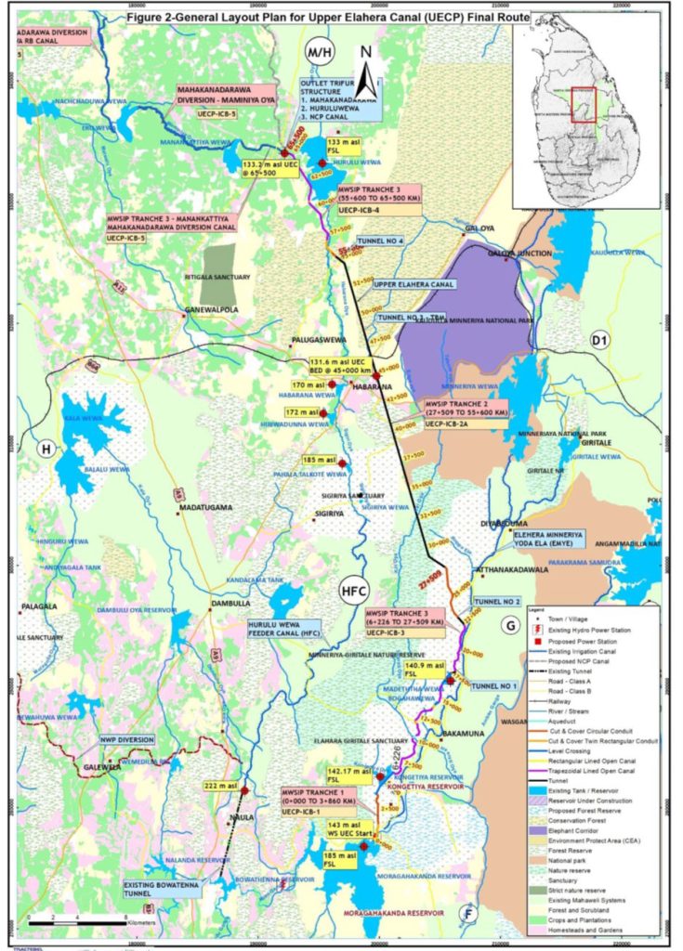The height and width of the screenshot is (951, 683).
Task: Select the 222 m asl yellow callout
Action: pos(217,786)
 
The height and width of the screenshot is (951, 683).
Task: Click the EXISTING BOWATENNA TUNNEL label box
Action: pos(159,890)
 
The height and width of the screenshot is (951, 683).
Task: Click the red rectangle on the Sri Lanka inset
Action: pos(583,103)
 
